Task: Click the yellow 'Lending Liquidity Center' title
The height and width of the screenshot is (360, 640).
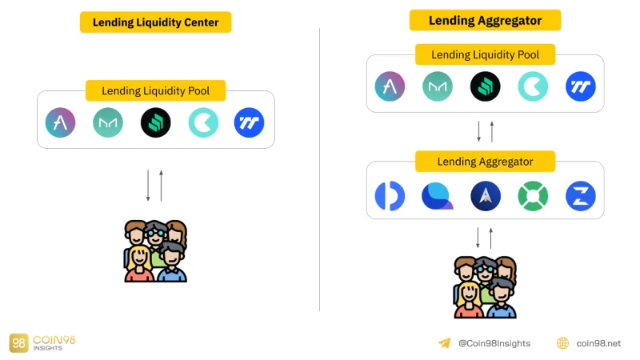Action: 155,22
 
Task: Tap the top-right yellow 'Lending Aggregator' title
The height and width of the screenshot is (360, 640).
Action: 486,21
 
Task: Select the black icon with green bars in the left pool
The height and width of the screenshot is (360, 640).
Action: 155,122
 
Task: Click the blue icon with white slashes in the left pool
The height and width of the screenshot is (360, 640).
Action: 249,122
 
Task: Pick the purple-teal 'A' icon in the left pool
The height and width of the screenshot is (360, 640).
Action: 61,122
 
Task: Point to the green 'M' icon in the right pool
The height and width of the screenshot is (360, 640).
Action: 438,86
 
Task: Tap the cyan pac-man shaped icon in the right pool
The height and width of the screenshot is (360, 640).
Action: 533,86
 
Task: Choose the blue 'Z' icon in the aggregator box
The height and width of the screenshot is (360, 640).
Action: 581,196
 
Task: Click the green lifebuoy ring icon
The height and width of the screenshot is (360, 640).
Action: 533,196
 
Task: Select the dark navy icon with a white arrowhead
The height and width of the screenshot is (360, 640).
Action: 486,196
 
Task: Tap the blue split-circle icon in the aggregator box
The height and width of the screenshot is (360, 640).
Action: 390,196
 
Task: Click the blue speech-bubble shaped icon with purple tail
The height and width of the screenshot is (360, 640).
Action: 437,196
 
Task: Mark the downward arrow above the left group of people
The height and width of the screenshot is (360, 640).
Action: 148,186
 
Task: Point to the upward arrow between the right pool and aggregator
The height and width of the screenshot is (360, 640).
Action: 492,131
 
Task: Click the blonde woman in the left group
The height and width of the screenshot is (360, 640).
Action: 139,264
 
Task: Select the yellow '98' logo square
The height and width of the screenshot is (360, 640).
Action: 18,343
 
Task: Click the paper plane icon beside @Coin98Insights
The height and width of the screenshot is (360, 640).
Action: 445,343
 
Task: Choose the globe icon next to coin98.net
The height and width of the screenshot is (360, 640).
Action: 563,343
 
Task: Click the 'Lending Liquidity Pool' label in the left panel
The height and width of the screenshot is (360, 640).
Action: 155,90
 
